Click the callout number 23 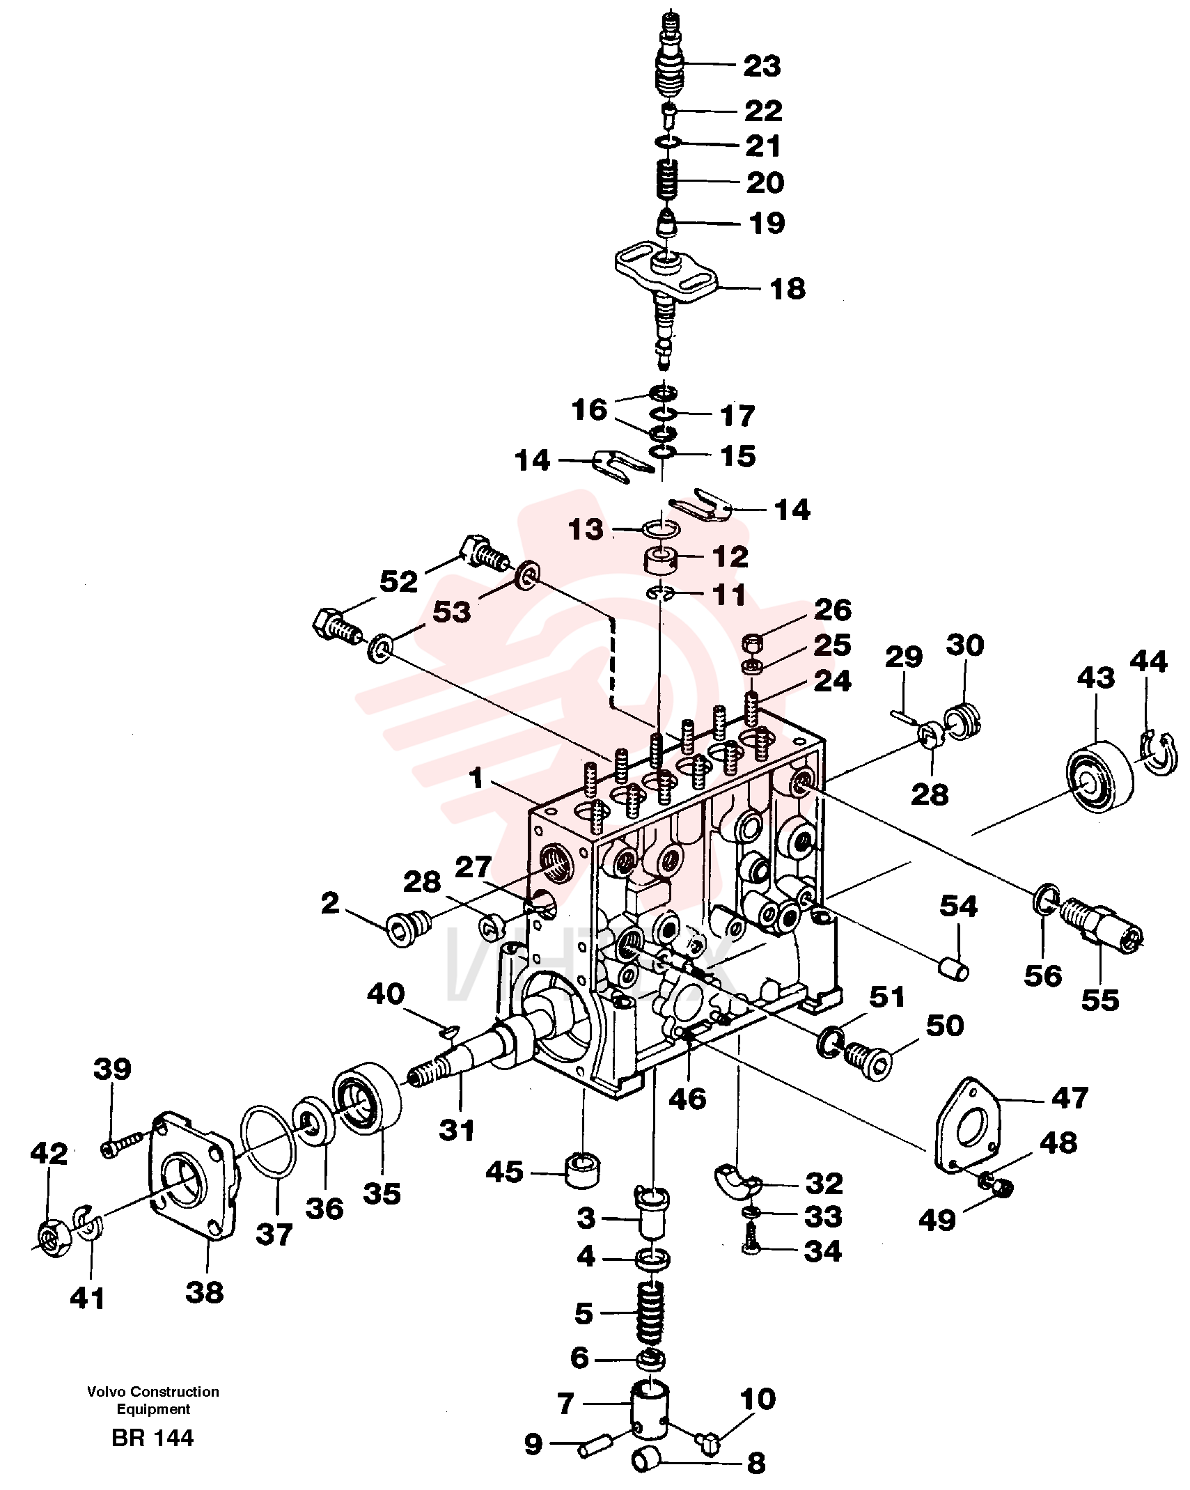click(762, 66)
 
